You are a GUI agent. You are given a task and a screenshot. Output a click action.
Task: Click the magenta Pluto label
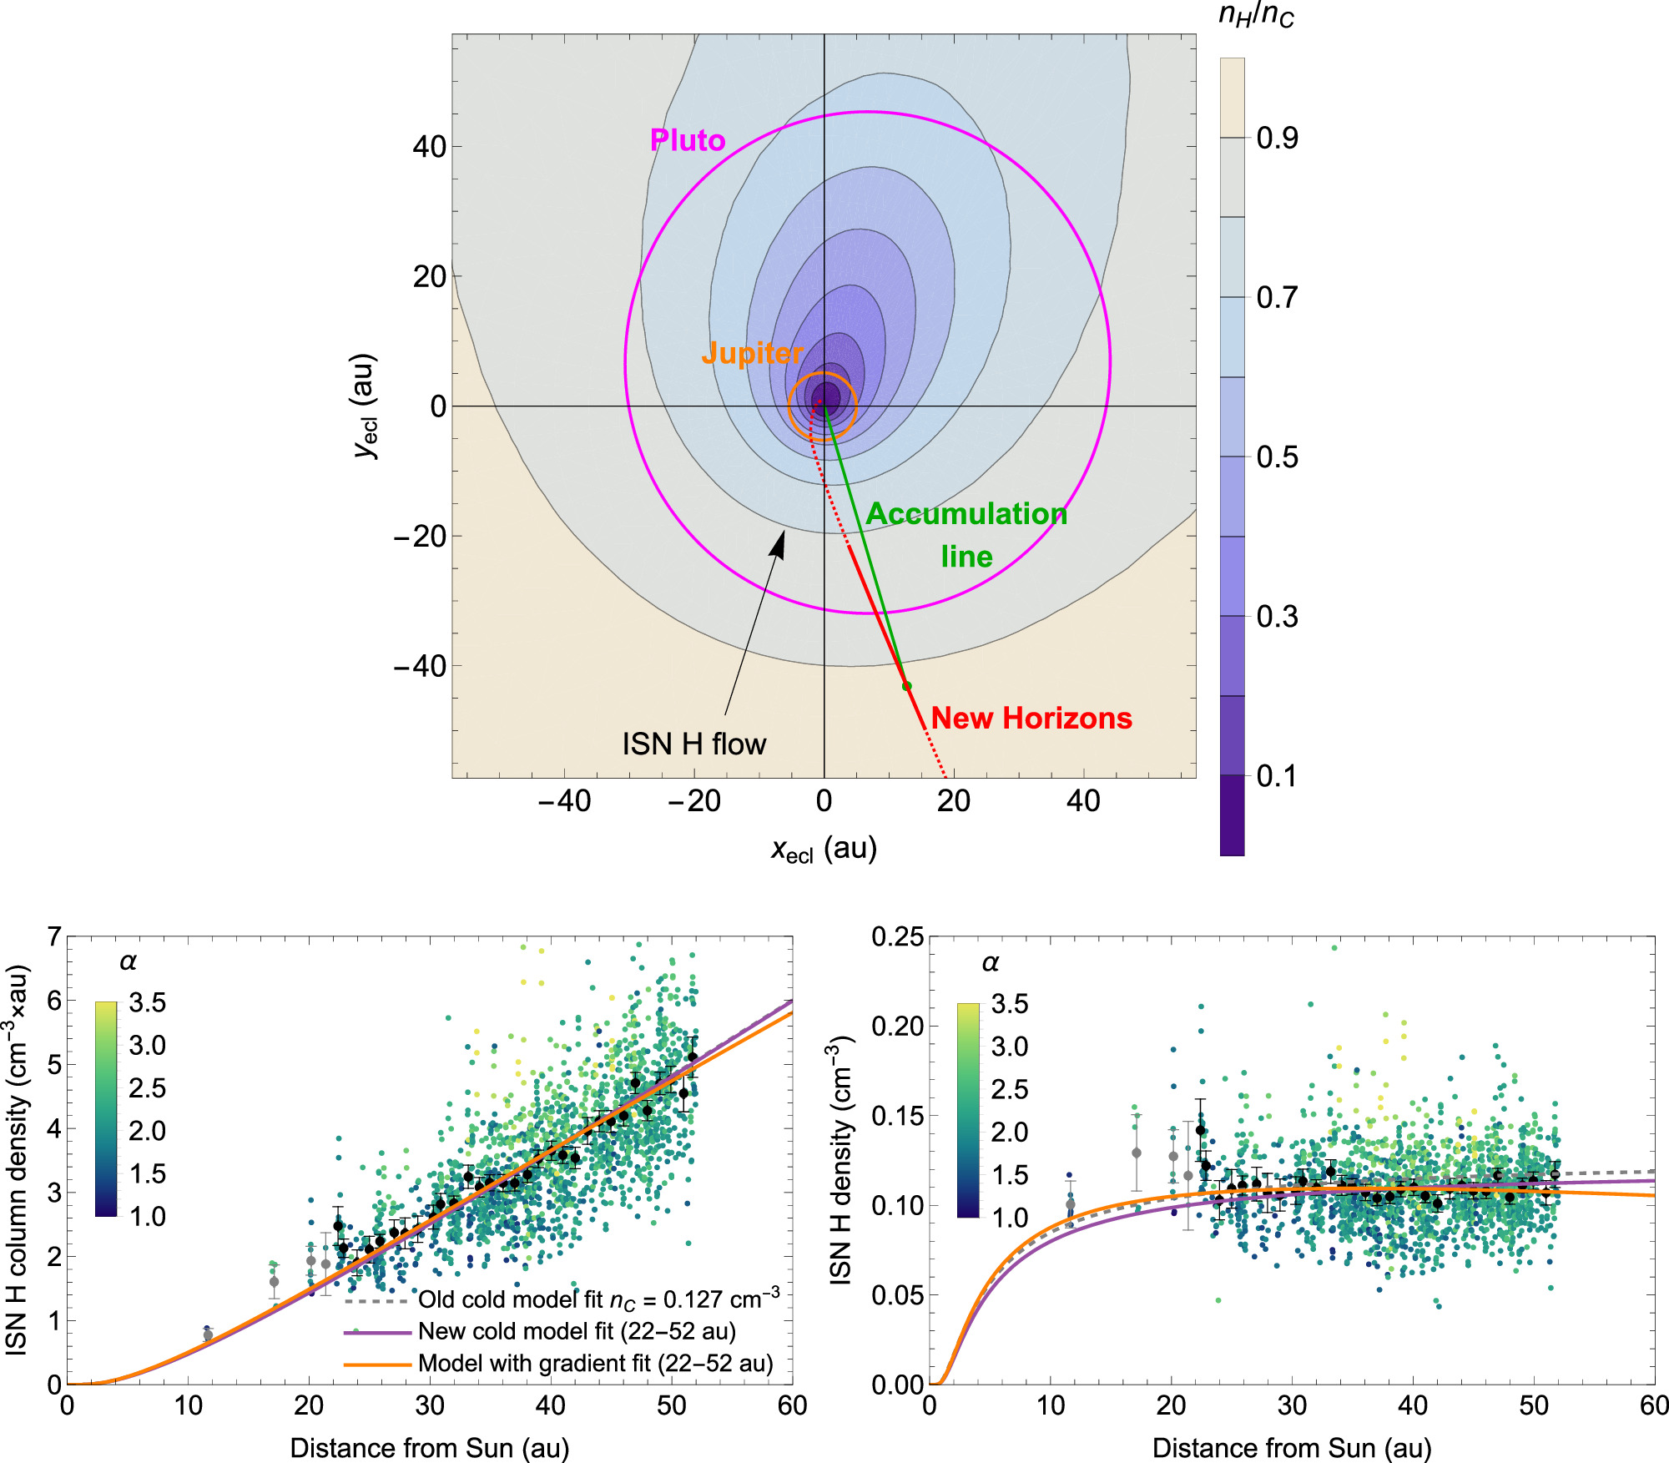point(687,140)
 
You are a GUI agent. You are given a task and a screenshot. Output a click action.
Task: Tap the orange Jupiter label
point(751,353)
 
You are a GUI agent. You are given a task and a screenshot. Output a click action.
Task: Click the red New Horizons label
point(1031,718)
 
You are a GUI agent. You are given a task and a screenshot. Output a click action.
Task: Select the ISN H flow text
point(693,744)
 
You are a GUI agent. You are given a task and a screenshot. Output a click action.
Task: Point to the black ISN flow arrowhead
point(779,542)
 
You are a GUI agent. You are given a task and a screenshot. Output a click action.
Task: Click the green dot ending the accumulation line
point(907,686)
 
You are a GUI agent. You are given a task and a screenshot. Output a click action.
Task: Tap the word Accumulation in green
point(966,513)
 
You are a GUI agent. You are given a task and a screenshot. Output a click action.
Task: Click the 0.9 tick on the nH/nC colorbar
point(1277,138)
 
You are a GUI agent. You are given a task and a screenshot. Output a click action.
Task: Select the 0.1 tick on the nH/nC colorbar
point(1277,776)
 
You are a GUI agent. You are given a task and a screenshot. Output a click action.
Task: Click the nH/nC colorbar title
point(1256,15)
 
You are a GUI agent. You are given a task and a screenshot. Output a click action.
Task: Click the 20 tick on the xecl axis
point(953,801)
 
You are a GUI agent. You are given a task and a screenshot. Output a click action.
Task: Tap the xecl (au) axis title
point(824,850)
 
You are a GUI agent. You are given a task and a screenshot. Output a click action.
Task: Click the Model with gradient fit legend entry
point(595,1363)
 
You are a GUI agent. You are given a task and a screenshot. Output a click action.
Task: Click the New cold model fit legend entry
point(577,1331)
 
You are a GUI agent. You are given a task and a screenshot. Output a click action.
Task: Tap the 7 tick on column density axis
point(54,937)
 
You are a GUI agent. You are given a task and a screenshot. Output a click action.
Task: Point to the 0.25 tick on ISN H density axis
point(897,937)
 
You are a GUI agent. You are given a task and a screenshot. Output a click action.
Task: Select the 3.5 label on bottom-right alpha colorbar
point(1009,1004)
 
